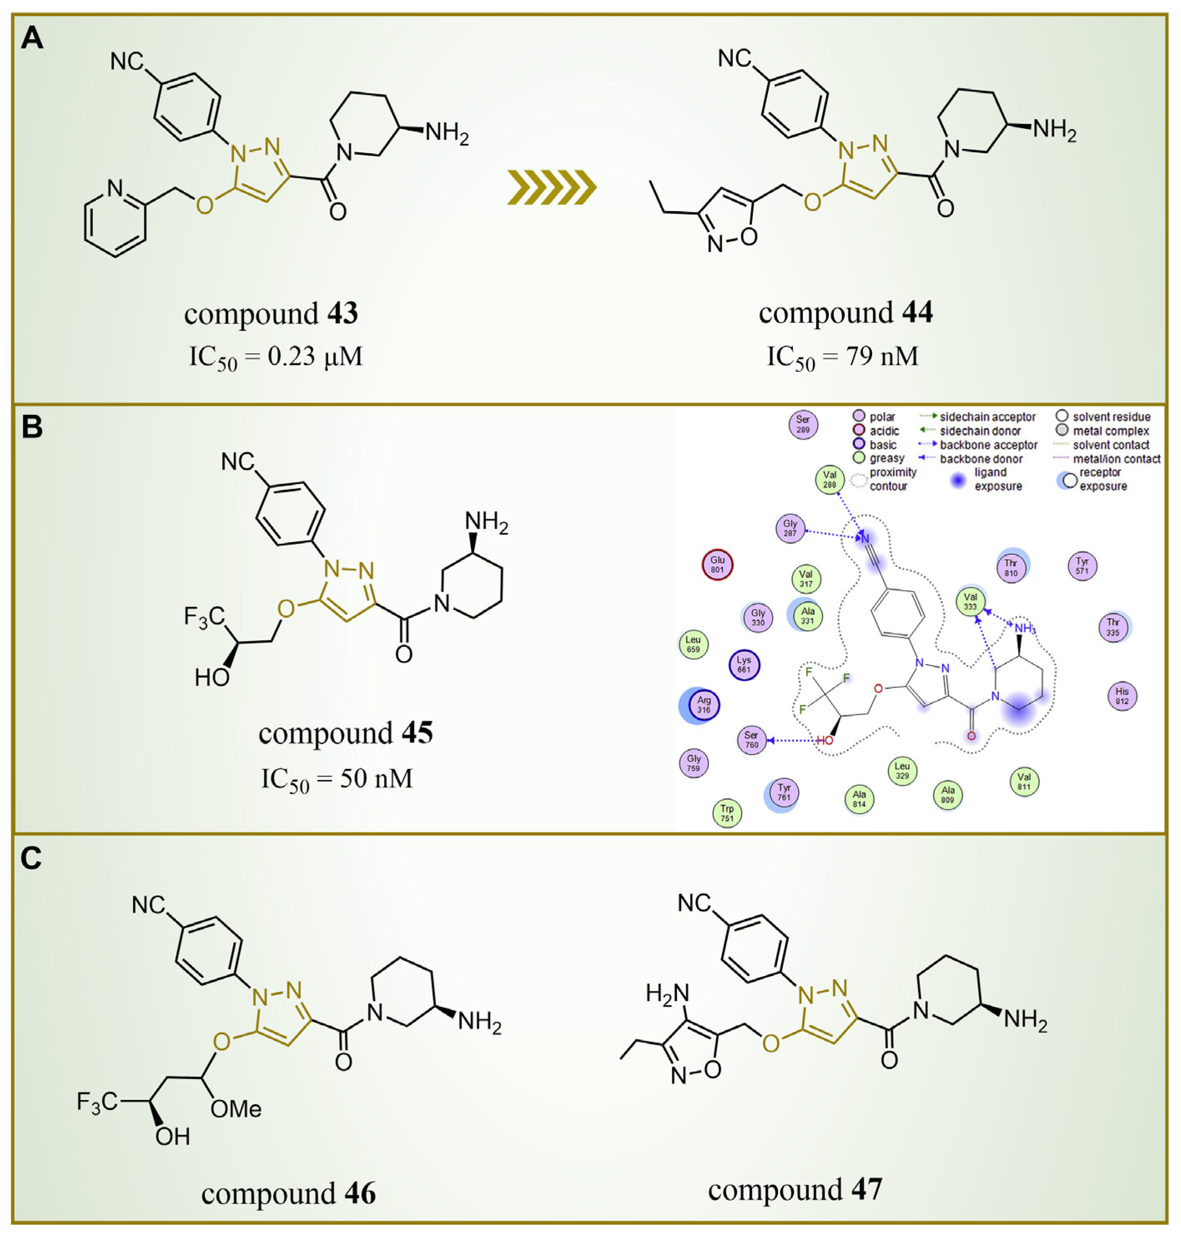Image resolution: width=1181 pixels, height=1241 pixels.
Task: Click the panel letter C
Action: click(x=31, y=858)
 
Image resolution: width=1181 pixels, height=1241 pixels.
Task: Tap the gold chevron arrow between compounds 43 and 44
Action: click(x=551, y=187)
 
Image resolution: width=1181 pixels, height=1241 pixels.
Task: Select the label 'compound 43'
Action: click(x=271, y=313)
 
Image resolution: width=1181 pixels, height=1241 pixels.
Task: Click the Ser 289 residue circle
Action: click(x=803, y=425)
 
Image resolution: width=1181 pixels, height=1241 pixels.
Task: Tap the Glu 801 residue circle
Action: click(x=718, y=565)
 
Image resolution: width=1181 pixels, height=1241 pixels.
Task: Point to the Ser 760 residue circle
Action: click(x=751, y=740)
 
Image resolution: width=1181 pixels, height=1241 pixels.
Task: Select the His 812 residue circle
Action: click(x=1122, y=696)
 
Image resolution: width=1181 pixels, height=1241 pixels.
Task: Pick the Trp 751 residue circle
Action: click(x=727, y=813)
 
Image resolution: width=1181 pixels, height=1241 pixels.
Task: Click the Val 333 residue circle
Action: click(x=970, y=602)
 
